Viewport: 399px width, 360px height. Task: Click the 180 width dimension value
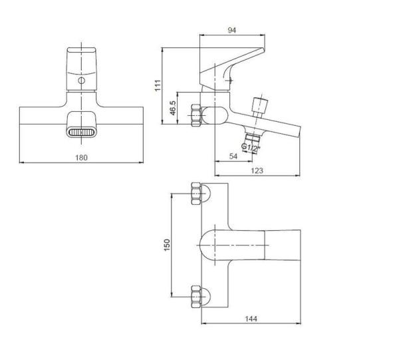81,158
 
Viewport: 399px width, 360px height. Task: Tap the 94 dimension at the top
232,30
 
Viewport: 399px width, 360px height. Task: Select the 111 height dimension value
158,85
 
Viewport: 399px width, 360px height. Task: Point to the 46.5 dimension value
173,108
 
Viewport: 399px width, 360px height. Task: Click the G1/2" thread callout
251,148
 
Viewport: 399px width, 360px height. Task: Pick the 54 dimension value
233,156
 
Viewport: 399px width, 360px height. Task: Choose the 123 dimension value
257,170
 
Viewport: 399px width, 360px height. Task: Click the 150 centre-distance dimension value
167,245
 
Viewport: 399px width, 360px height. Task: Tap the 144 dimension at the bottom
251,319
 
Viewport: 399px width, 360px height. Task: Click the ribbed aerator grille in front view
81,132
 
